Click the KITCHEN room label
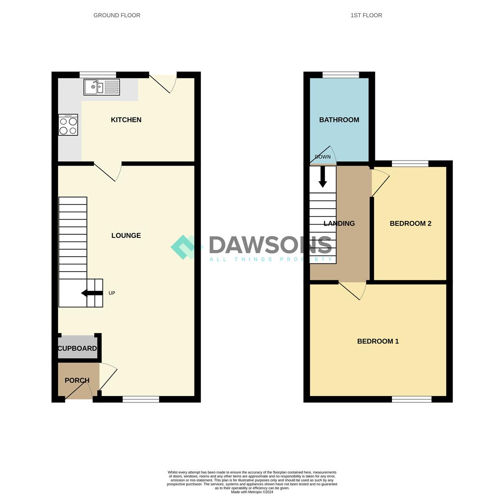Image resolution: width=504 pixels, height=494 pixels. pyautogui.click(x=126, y=120)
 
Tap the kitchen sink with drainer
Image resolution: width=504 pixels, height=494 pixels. pyautogui.click(x=102, y=87)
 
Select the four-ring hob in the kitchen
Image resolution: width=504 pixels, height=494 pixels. pyautogui.click(x=68, y=125)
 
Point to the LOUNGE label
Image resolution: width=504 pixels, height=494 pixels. pyautogui.click(x=126, y=236)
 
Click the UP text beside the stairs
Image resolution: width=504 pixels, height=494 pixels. pyautogui.click(x=112, y=293)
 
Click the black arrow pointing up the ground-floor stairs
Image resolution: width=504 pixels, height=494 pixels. pyautogui.click(x=92, y=293)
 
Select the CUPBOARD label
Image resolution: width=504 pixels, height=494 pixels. pyautogui.click(x=77, y=349)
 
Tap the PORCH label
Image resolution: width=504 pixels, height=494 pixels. pyautogui.click(x=77, y=381)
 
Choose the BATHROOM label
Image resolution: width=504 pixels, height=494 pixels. pyautogui.click(x=339, y=120)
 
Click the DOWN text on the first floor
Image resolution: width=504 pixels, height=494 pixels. pyautogui.click(x=323, y=157)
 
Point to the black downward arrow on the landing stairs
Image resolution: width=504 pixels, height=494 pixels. pyautogui.click(x=323, y=177)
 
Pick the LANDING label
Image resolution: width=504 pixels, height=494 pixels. pyautogui.click(x=339, y=224)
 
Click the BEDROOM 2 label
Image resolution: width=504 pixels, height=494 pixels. pyautogui.click(x=411, y=224)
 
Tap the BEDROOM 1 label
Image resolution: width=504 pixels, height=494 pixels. pyautogui.click(x=378, y=341)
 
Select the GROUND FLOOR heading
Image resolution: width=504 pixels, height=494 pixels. pyautogui.click(x=117, y=15)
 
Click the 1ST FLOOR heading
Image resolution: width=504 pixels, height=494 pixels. pyautogui.click(x=366, y=15)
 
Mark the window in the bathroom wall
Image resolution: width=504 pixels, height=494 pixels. pyautogui.click(x=341, y=75)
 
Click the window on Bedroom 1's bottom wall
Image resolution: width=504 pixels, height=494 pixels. pyautogui.click(x=412, y=399)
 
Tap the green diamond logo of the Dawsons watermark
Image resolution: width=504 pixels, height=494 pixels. pyautogui.click(x=184, y=247)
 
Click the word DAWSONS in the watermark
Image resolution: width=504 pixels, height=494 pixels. pyautogui.click(x=270, y=245)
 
